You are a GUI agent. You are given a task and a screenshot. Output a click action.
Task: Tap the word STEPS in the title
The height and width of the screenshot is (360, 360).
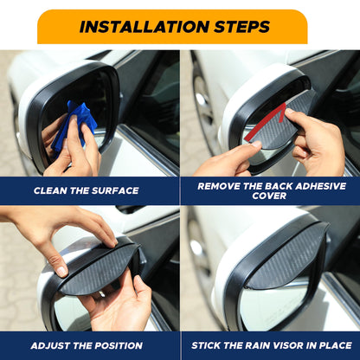tap(240, 27)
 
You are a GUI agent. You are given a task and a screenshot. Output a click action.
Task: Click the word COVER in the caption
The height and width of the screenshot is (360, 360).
tap(270, 196)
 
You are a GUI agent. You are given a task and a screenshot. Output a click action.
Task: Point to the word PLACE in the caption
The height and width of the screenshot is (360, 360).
tap(333, 344)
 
